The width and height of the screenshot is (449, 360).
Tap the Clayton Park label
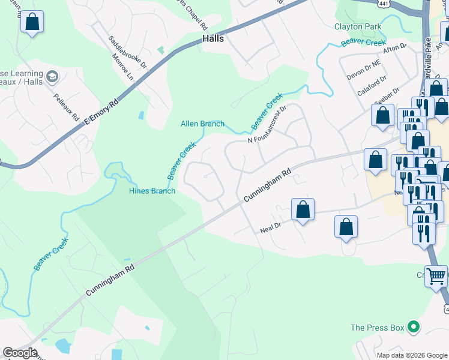(x=359, y=26)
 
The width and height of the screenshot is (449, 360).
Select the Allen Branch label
(x=202, y=124)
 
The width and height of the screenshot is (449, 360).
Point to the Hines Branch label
(x=152, y=191)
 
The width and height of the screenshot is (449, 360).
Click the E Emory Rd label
(x=101, y=112)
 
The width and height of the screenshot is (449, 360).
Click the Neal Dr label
(x=271, y=229)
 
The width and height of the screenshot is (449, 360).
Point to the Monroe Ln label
(x=122, y=68)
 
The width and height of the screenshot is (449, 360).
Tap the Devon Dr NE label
(x=364, y=69)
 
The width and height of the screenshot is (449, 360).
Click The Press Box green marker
(x=412, y=328)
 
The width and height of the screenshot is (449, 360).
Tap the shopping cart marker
(x=436, y=277)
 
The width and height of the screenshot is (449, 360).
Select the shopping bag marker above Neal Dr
(x=303, y=210)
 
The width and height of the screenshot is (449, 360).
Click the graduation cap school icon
(x=52, y=76)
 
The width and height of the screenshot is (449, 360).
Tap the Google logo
(x=20, y=353)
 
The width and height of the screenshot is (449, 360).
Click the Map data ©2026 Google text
(x=412, y=355)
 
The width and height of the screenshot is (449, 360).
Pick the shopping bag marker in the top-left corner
(x=32, y=22)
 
